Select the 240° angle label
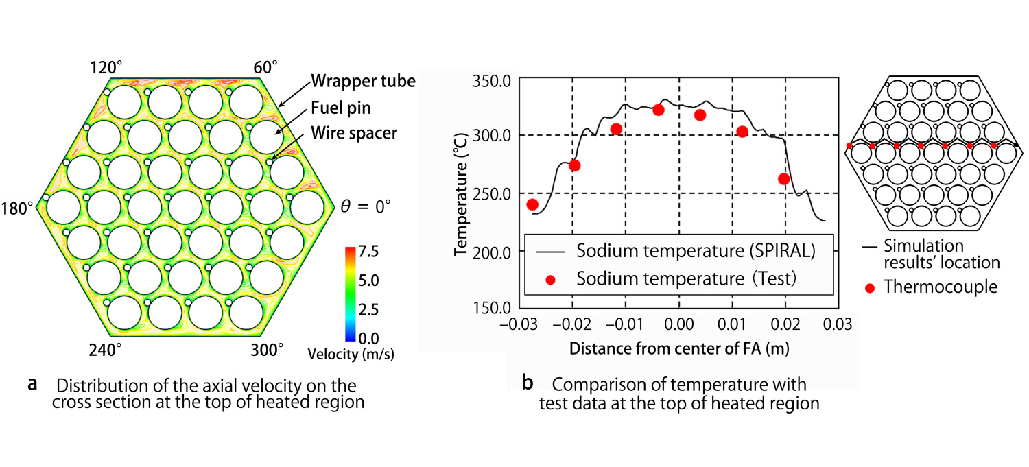[106, 350]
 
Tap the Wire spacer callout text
[353, 133]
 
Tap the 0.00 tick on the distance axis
[679, 324]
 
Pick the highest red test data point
[659, 110]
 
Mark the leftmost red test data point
[532, 204]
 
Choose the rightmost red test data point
[784, 179]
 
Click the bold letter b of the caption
[527, 383]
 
